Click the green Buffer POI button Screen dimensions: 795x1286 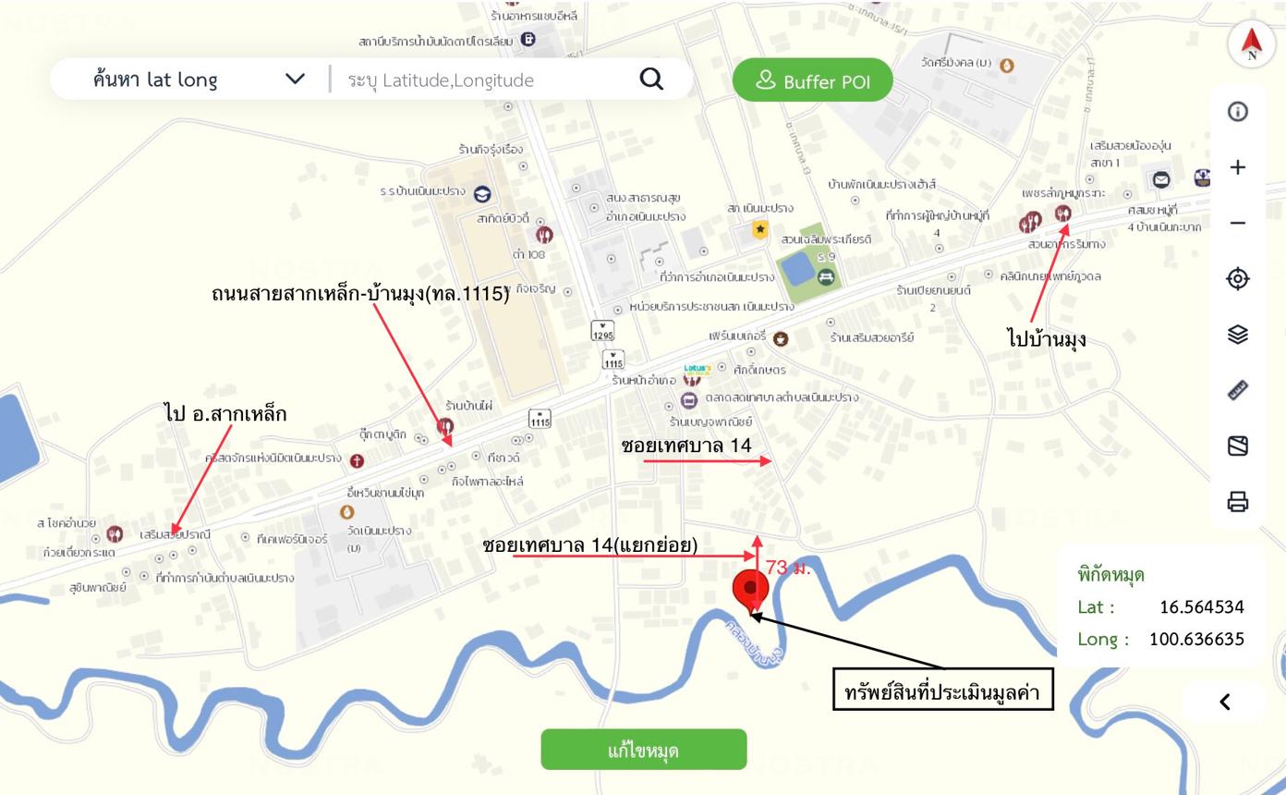click(813, 81)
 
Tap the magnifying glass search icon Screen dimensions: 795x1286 click(651, 79)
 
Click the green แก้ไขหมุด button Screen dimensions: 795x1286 click(643, 750)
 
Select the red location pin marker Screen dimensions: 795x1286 click(750, 590)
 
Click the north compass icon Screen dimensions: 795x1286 click(1251, 43)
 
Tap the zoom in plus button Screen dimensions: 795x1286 click(1238, 167)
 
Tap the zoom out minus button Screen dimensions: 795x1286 click(1238, 223)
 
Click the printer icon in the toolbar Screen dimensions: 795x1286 click(1238, 502)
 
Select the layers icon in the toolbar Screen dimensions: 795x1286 click(1238, 335)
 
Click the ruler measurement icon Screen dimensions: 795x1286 click(1238, 390)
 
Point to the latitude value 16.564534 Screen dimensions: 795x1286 click(1201, 607)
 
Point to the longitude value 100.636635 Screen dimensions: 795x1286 click(1195, 639)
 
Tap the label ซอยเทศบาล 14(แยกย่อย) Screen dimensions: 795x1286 click(589, 546)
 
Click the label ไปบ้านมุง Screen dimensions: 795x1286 click(1046, 339)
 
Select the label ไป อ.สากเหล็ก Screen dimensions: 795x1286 click(225, 414)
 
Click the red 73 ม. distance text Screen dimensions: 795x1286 click(788, 568)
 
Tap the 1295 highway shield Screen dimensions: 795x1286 click(602, 330)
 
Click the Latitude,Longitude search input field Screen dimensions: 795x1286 click(480, 80)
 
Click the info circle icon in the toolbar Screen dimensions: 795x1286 click(1238, 112)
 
